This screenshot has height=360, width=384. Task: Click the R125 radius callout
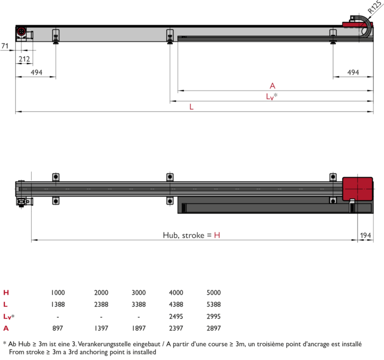(x=375, y=7)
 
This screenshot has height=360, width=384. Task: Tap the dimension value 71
(x=5, y=46)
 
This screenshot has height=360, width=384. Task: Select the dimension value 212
(x=24, y=59)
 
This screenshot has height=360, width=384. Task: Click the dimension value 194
(x=365, y=235)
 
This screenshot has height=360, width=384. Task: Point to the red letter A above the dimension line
(x=272, y=86)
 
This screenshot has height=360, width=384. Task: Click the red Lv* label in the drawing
(x=272, y=96)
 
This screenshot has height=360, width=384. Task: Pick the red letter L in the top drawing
(x=191, y=107)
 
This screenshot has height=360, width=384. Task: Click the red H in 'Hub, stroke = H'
(x=217, y=235)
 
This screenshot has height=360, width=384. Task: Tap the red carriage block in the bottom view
(x=358, y=189)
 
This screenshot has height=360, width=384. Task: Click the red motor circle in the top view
(x=21, y=31)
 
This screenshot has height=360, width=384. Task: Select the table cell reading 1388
(x=58, y=305)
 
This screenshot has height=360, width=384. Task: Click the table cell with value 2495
(x=176, y=317)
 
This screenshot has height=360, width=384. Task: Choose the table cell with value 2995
(x=213, y=317)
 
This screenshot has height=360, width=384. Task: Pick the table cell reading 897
(x=58, y=328)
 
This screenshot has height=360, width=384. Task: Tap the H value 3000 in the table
(x=139, y=292)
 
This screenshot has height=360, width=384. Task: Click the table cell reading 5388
(x=213, y=305)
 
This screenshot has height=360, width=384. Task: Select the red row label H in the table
(x=6, y=292)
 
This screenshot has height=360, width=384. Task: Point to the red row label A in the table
(x=6, y=328)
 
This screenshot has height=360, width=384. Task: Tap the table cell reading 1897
(x=139, y=328)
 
